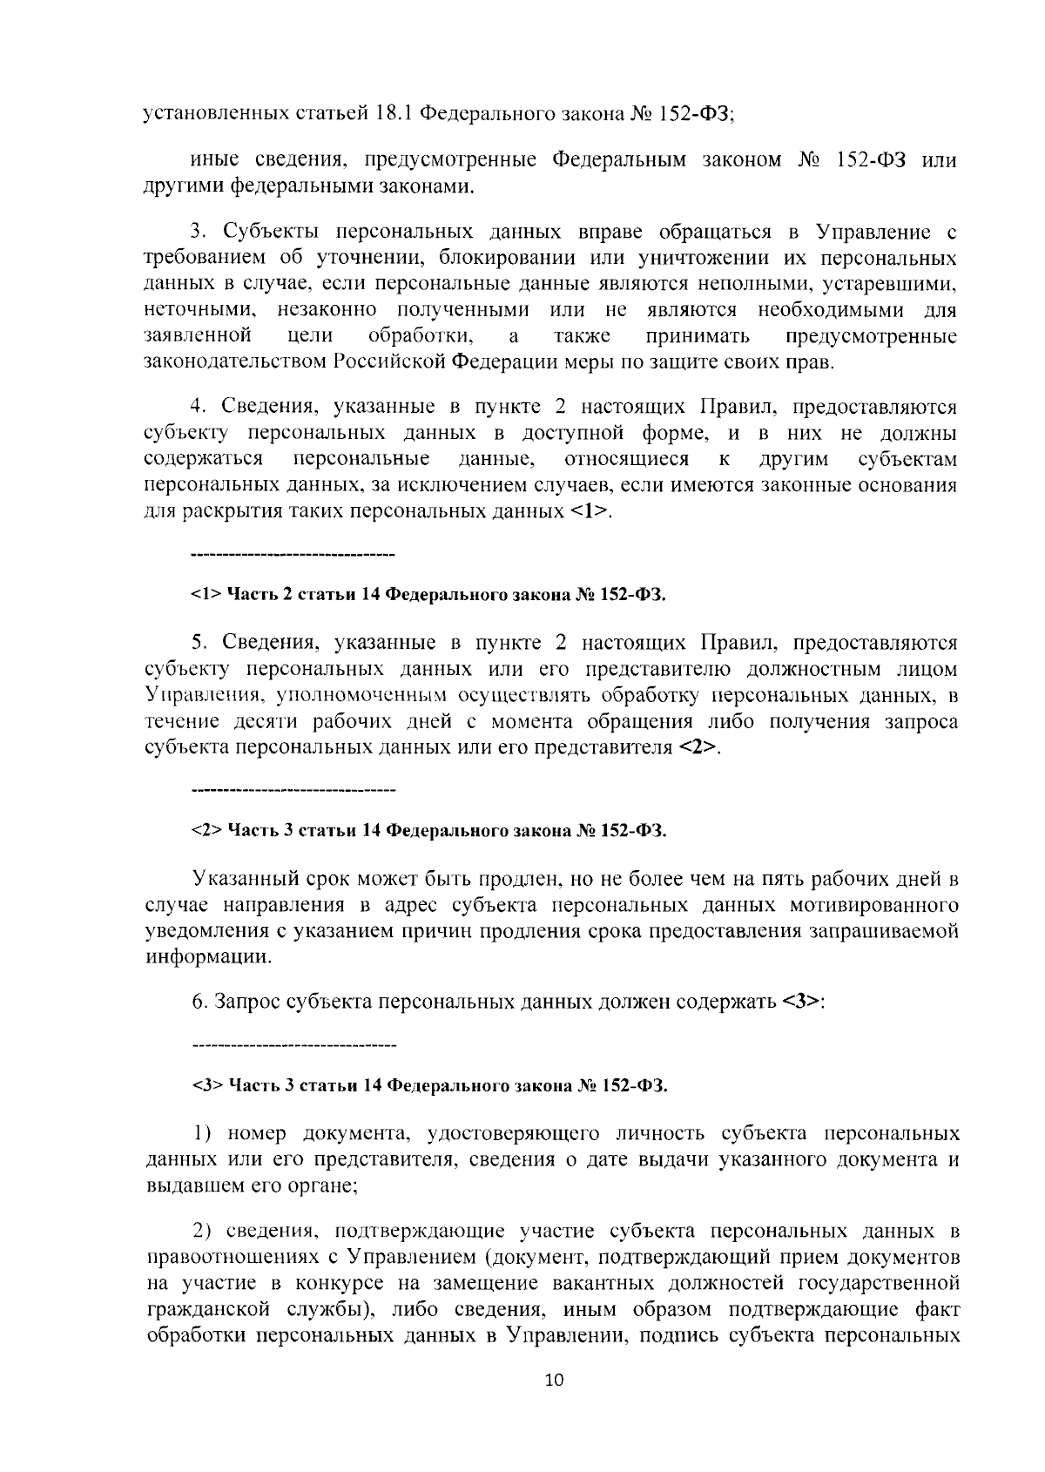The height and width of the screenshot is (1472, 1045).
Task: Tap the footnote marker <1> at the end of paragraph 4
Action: [x=589, y=511]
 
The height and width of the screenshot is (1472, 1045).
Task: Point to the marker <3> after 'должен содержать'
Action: [x=800, y=1002]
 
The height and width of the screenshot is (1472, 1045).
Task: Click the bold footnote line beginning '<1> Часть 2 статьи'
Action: [x=428, y=595]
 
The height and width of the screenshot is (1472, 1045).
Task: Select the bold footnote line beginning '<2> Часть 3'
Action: [x=428, y=831]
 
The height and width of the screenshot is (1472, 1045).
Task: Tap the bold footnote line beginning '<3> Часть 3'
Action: [x=428, y=1085]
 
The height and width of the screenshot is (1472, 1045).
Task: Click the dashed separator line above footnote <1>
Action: [x=293, y=554]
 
